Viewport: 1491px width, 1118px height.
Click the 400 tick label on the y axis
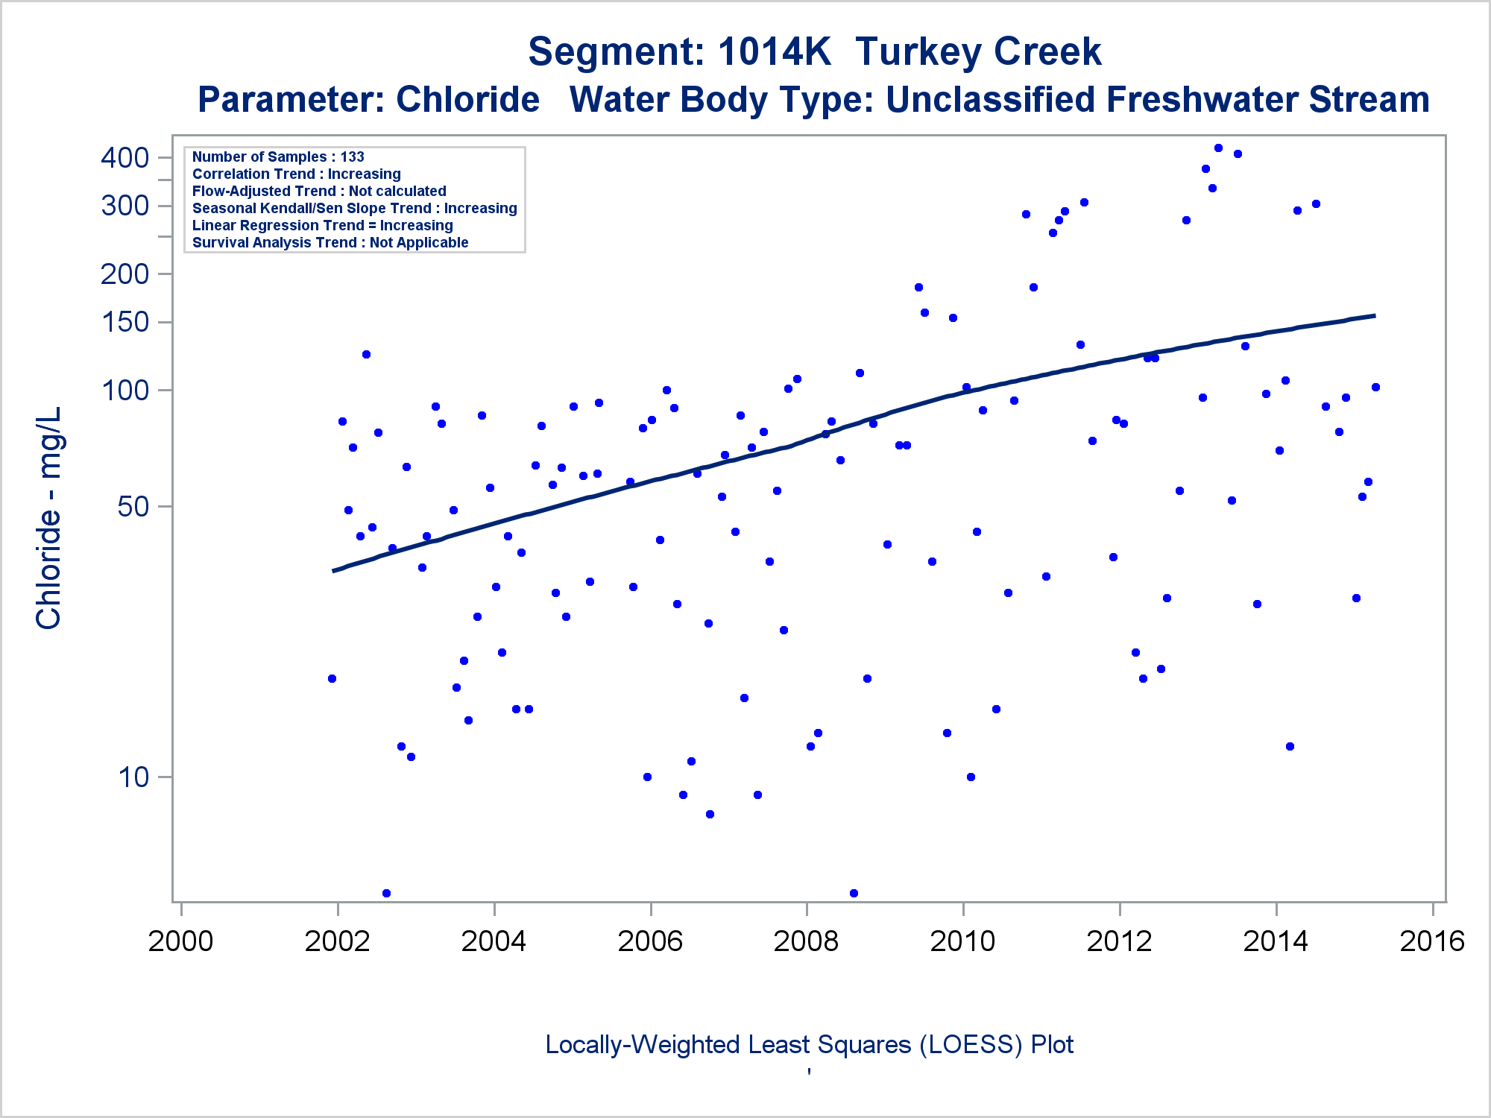(124, 157)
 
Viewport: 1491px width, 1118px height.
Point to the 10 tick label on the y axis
(134, 777)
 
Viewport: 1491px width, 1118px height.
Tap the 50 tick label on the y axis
(134, 507)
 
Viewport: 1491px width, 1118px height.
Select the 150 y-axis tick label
(124, 322)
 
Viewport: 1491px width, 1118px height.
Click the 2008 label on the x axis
(806, 941)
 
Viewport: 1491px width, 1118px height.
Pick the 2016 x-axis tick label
(1432, 941)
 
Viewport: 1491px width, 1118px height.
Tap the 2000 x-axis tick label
(180, 941)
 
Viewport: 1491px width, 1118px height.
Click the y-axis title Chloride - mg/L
(49, 518)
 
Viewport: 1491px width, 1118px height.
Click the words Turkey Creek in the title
(978, 52)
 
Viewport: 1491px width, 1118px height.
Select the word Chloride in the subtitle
(467, 100)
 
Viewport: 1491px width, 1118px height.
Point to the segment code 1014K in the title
(775, 52)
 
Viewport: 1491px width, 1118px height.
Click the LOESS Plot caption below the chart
(809, 1044)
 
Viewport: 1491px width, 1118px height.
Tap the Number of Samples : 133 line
(278, 157)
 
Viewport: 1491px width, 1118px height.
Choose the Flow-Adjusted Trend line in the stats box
(319, 191)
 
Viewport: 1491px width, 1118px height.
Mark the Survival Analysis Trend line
(330, 242)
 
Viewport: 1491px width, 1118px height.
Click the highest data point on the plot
(1218, 148)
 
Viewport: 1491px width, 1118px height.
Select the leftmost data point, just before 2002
(332, 678)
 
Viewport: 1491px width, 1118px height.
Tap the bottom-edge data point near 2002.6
(386, 893)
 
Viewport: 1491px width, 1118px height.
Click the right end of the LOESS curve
(1374, 316)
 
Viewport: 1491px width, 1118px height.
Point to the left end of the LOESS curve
(334, 571)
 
